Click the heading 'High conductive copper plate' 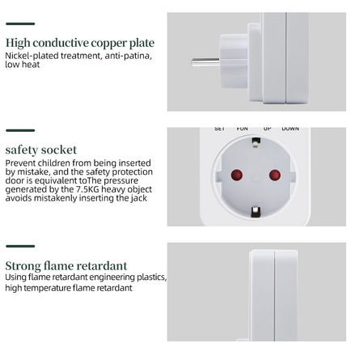(79, 43)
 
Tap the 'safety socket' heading (41, 150)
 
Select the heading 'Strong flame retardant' (66, 265)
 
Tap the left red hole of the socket (238, 175)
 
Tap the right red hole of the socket (274, 175)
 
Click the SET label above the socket (219, 129)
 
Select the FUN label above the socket (242, 129)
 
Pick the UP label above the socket (268, 129)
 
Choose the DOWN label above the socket (290, 129)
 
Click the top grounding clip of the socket (256, 142)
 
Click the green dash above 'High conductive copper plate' (20, 24)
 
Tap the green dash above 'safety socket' (20, 130)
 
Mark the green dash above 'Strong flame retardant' (20, 246)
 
